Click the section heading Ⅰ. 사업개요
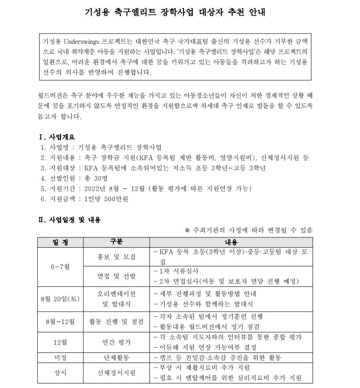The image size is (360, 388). [57, 137]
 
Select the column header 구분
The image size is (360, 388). [116, 242]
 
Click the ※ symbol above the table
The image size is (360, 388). [187, 230]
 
